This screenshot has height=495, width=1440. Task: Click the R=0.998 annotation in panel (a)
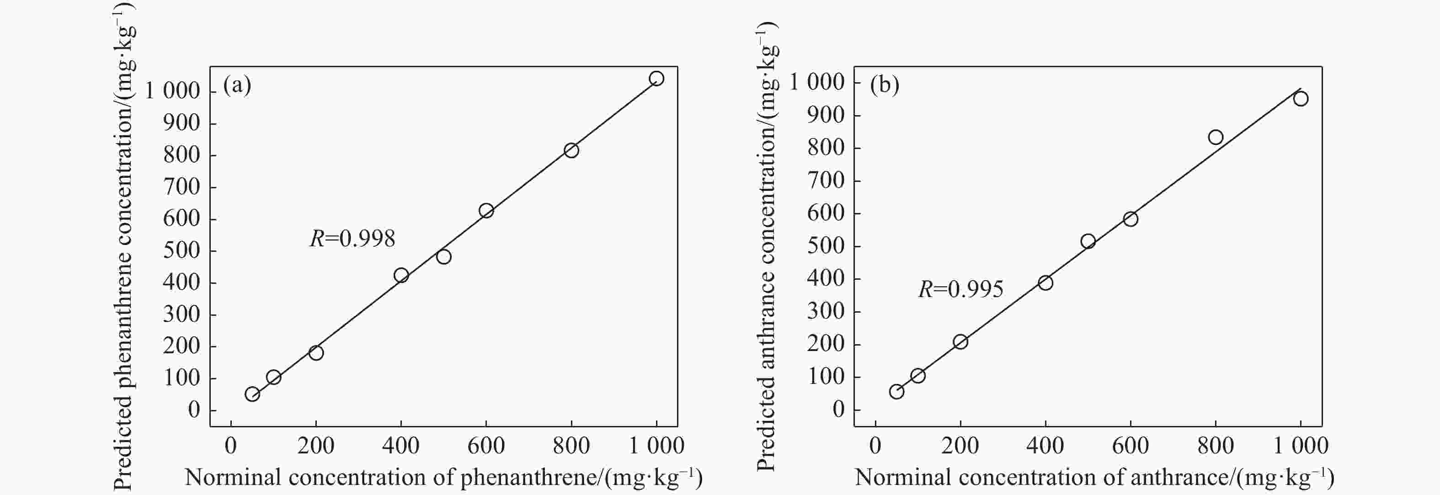[x=352, y=239]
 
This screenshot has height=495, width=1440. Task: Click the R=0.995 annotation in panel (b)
[x=960, y=289]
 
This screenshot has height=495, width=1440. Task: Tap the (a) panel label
[x=237, y=85]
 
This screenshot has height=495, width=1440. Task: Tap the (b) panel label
[x=885, y=85]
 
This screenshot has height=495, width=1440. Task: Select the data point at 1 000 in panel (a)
[x=656, y=78]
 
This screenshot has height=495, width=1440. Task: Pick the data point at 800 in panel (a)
[x=571, y=150]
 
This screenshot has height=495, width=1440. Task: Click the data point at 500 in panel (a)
[x=444, y=257]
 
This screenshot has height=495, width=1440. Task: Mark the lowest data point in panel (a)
[x=252, y=394]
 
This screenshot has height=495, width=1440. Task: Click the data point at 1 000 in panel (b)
[x=1300, y=99]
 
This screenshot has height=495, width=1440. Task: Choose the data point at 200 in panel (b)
[x=960, y=342]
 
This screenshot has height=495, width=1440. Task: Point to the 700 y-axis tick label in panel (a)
[x=181, y=186]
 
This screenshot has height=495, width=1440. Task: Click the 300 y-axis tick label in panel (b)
[x=826, y=311]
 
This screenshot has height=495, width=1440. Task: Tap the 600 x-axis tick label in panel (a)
[x=486, y=446]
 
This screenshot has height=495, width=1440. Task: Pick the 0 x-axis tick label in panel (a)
[x=231, y=446]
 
